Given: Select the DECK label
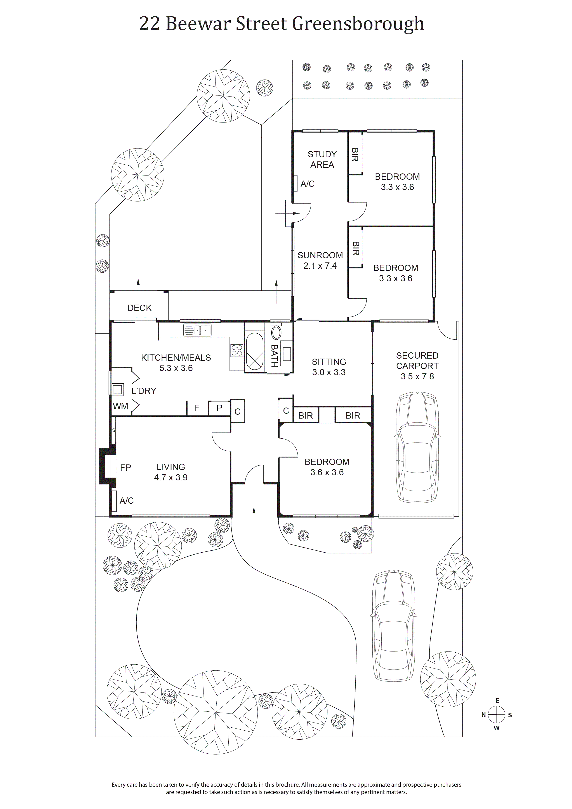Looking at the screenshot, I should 139,308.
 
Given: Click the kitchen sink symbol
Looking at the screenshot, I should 197,330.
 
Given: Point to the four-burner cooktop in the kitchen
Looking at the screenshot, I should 237,350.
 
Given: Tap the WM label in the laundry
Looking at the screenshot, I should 120,406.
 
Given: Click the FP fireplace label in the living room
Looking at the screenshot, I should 125,468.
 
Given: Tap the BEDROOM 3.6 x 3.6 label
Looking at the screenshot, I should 327,467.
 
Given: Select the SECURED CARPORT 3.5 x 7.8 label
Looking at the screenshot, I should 417,366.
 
